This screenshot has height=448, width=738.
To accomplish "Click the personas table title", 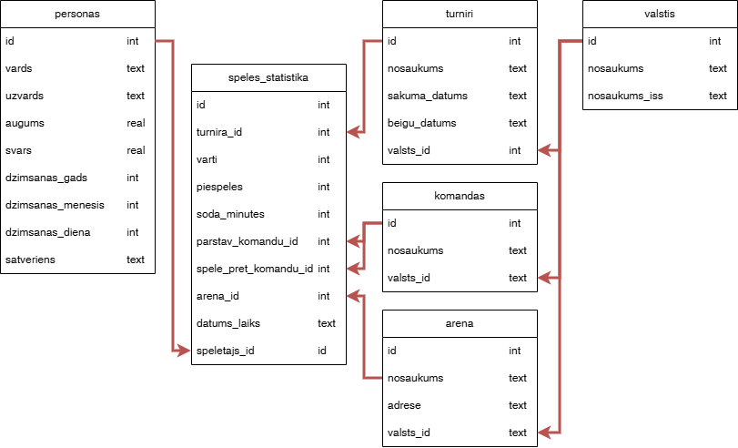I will click(x=77, y=14).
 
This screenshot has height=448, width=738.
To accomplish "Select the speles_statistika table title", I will click(x=268, y=77).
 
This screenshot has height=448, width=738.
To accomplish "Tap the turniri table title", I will click(x=460, y=14).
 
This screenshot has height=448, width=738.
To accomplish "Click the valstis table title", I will click(x=659, y=14).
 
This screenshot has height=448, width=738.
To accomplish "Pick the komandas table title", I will click(x=460, y=196).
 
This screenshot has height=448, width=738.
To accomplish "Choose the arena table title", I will click(x=460, y=323).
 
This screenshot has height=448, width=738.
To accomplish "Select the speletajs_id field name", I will click(x=226, y=351).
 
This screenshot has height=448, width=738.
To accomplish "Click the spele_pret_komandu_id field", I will click(x=254, y=269).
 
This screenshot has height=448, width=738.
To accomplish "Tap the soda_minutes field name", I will click(x=230, y=214).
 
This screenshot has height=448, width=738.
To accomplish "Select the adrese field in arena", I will click(x=404, y=405).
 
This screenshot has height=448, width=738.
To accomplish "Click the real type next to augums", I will click(x=136, y=123).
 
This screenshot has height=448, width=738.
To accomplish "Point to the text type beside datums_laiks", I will click(x=327, y=323).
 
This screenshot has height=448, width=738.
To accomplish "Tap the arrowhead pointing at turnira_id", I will click(x=351, y=132).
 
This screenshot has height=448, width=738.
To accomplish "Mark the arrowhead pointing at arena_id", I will click(x=351, y=296).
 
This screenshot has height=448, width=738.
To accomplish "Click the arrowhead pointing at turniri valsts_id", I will click(x=542, y=150).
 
